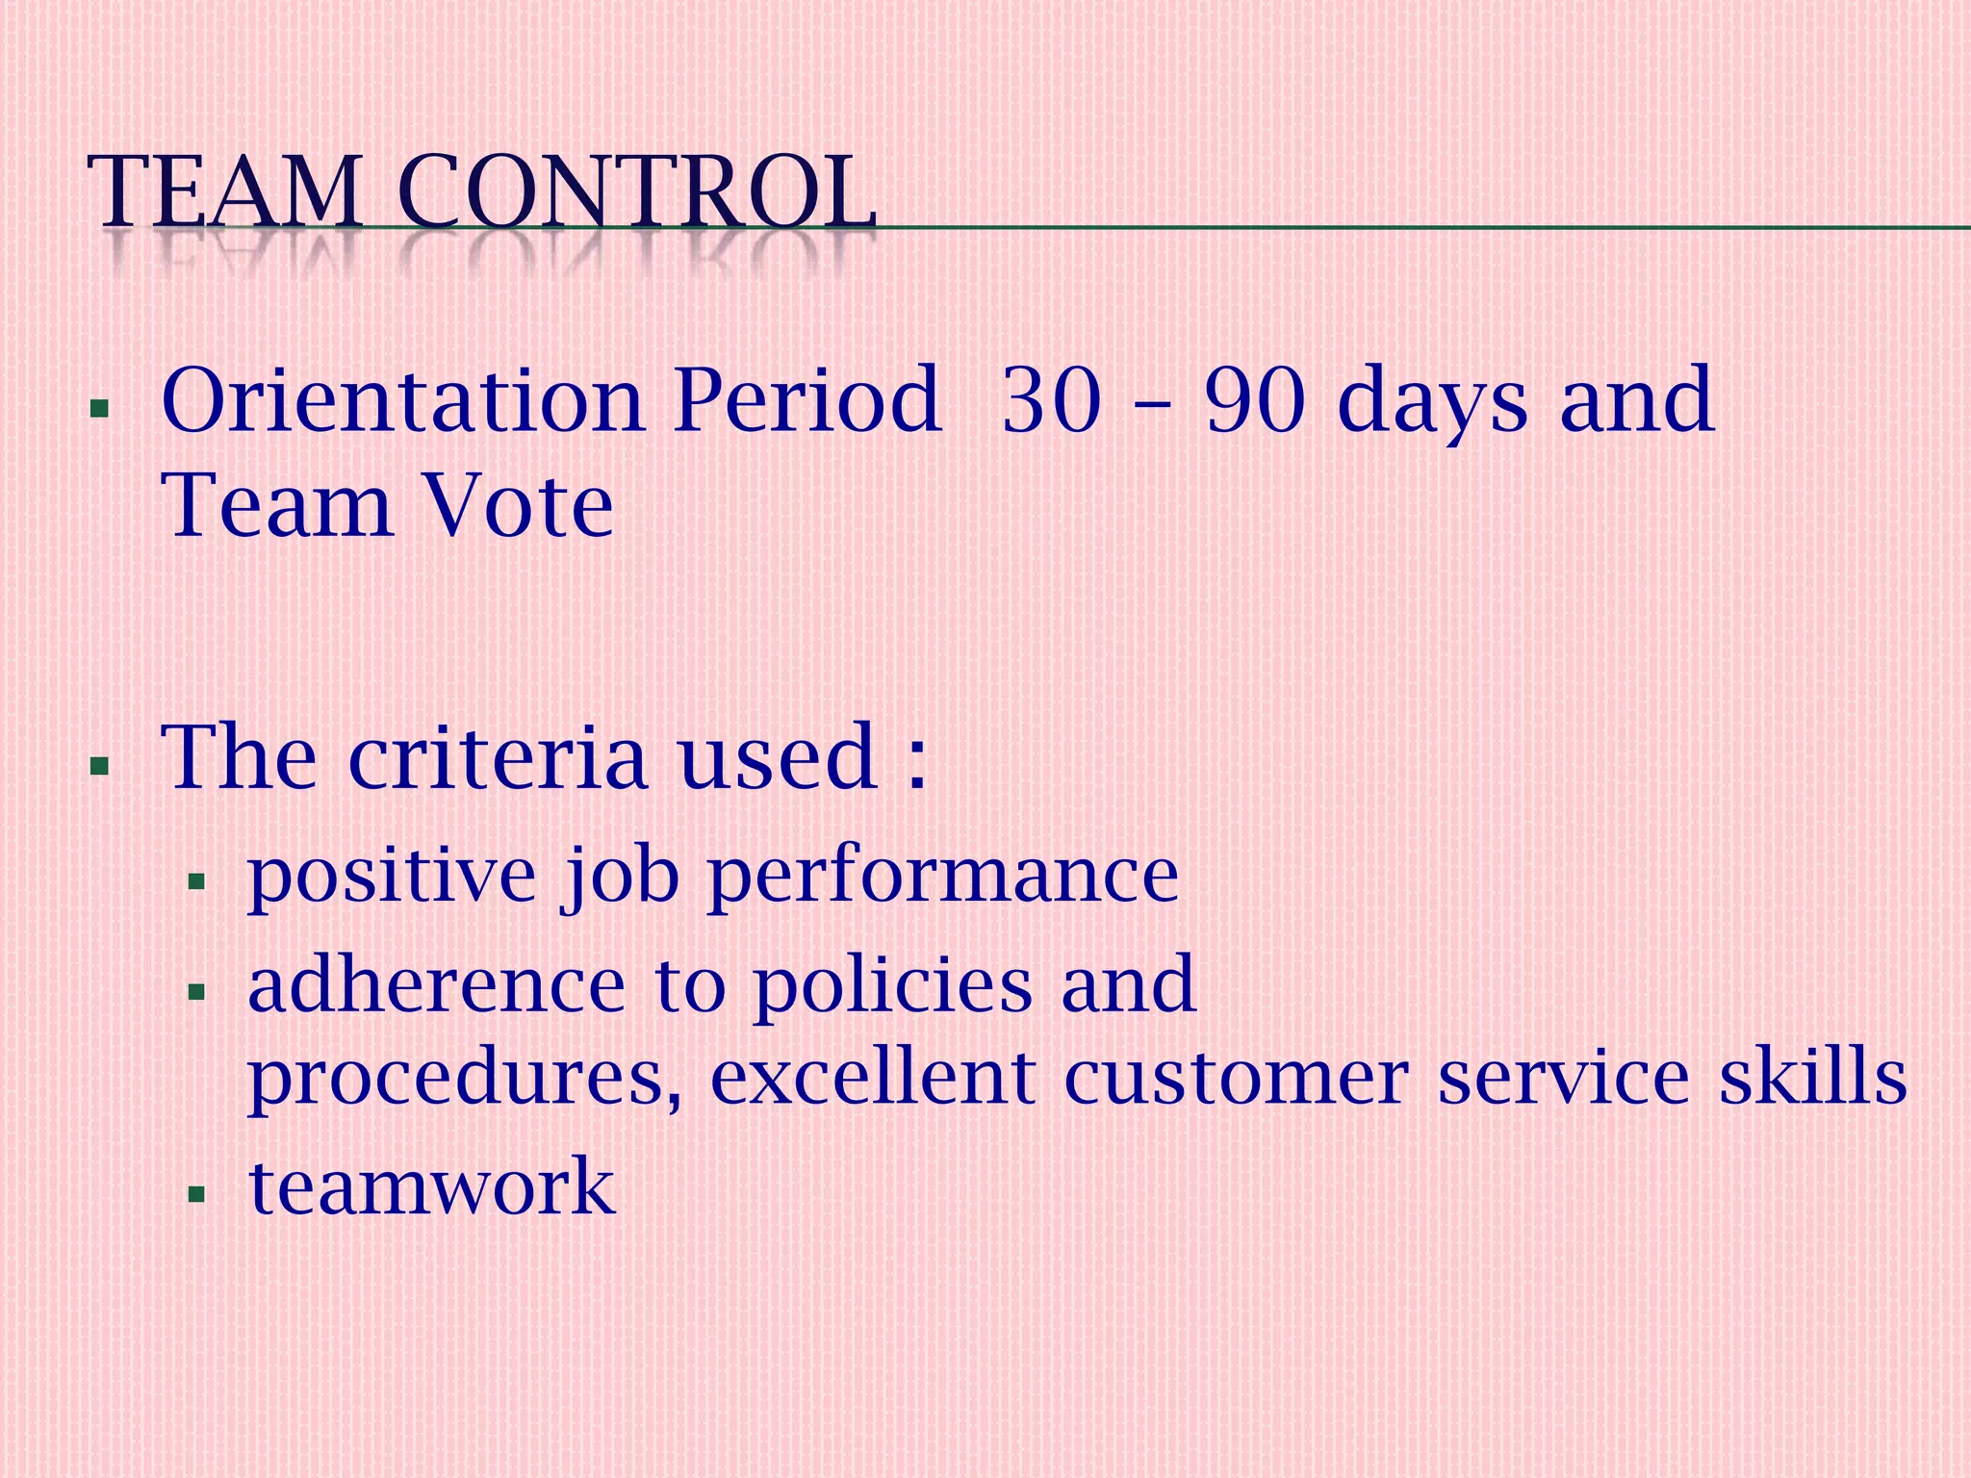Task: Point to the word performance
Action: pyautogui.click(x=943, y=878)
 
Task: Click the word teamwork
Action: pyautogui.click(x=431, y=1187)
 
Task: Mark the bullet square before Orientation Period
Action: pyautogui.click(x=97, y=408)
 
